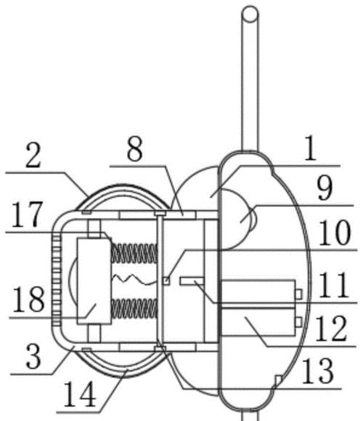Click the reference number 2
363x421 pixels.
pos(33,156)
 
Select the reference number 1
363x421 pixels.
pos(311,148)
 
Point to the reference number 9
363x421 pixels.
pos(325,188)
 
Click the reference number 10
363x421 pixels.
pos(334,233)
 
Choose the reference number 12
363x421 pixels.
pos(331,329)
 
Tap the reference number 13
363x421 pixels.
pos(318,372)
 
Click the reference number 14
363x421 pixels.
pos(80,394)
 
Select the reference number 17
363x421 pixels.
pos(27,214)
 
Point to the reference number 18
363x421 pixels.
pos(29,299)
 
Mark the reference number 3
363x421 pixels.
pos(34,356)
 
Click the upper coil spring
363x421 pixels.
pos(134,253)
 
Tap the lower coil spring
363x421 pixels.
pos(134,308)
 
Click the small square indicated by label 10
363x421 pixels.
pos(166,281)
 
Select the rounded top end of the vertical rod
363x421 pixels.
pos(250,14)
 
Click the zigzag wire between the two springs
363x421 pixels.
pos(134,279)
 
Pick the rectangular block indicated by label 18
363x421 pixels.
pos(94,281)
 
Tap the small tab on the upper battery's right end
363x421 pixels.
pos(298,294)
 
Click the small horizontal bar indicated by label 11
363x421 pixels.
pos(192,281)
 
